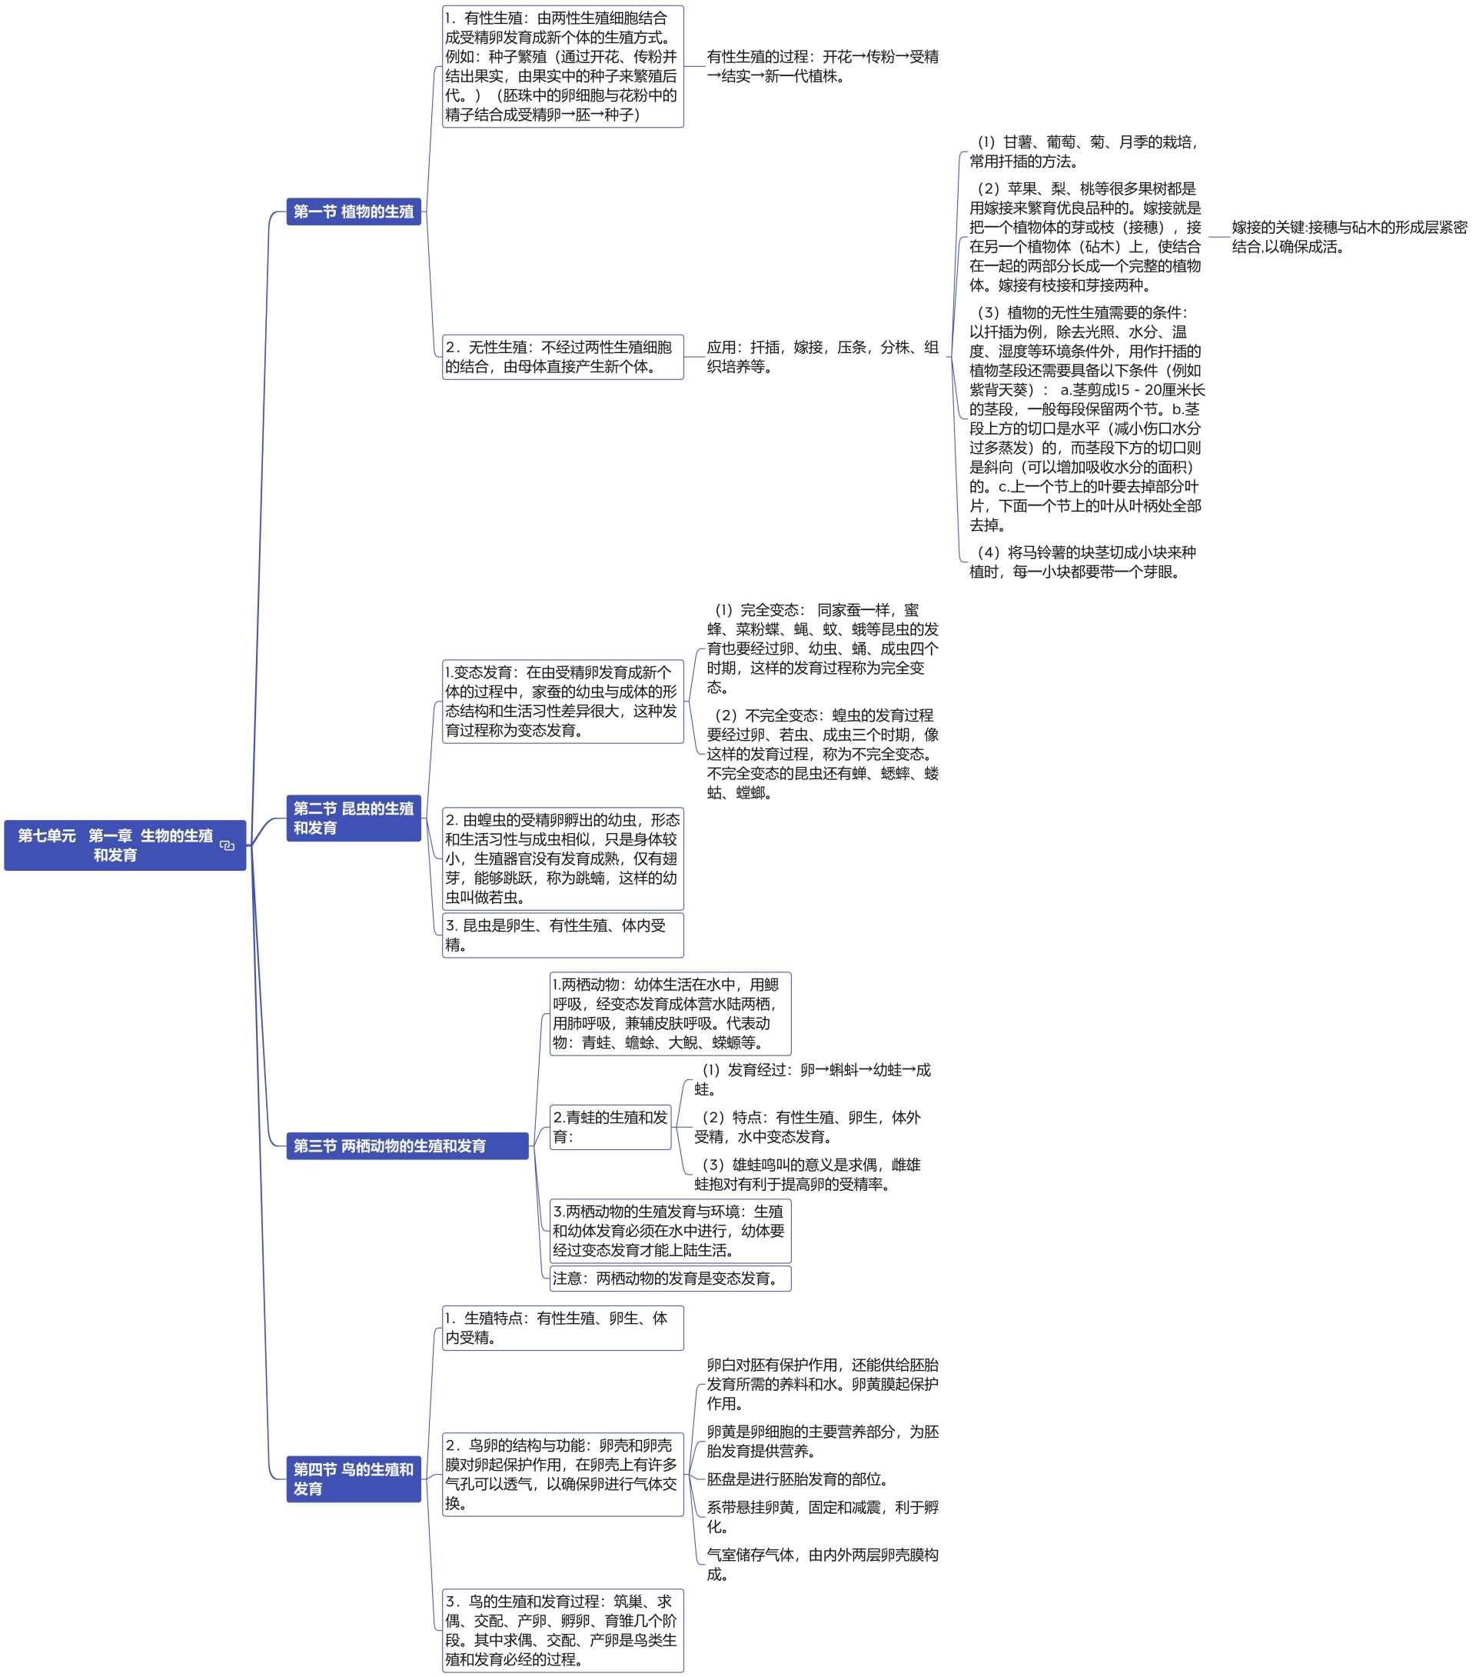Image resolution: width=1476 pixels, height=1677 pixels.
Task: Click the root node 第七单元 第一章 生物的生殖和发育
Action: coord(125,845)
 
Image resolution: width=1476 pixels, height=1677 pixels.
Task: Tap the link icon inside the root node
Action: coord(227,846)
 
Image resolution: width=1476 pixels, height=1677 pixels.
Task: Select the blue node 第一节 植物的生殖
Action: coord(354,212)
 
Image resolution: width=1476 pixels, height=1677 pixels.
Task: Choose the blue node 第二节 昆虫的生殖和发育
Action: coord(354,818)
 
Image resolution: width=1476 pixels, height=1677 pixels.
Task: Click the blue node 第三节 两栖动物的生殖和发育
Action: coord(407,1145)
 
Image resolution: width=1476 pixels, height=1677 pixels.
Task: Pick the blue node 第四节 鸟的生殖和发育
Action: coord(354,1479)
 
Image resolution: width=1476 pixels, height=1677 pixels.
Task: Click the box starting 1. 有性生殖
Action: coord(563,66)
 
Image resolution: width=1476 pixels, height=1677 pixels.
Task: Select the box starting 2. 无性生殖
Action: coord(563,357)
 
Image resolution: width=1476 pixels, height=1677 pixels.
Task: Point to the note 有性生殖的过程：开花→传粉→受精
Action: coord(823,66)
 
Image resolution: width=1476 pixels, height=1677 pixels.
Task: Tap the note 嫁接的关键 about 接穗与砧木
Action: coord(1349,237)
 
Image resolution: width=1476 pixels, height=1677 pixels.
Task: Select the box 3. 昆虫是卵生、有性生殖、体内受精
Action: coord(563,935)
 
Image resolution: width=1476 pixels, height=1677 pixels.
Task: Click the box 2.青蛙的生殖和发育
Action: coord(610,1126)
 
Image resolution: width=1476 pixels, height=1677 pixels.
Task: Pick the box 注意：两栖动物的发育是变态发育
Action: coord(670,1279)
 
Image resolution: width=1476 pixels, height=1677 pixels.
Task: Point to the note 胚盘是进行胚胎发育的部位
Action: coord(798,1479)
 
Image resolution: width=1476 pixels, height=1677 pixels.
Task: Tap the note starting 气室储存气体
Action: coord(823,1564)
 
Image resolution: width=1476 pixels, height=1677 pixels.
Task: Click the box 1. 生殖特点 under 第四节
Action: coord(563,1328)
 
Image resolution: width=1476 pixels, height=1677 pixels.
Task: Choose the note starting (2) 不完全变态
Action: coord(823,753)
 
